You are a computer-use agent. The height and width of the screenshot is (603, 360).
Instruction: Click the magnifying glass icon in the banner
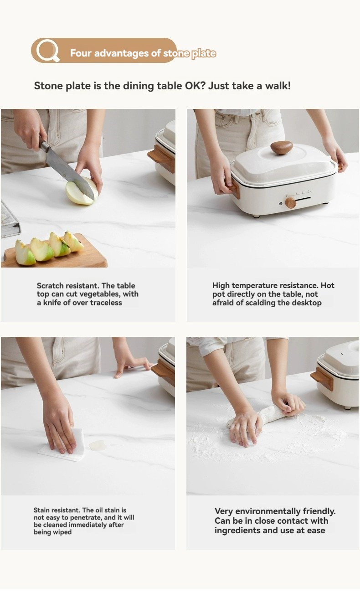48,50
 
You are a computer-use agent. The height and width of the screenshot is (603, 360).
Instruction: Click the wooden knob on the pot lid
282,147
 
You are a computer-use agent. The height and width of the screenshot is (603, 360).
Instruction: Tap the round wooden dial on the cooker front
291,203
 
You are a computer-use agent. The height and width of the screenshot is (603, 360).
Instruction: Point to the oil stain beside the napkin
98,445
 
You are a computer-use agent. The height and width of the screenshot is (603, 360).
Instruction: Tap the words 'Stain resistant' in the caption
57,510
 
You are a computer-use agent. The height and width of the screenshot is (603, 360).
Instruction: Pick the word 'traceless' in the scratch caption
106,303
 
